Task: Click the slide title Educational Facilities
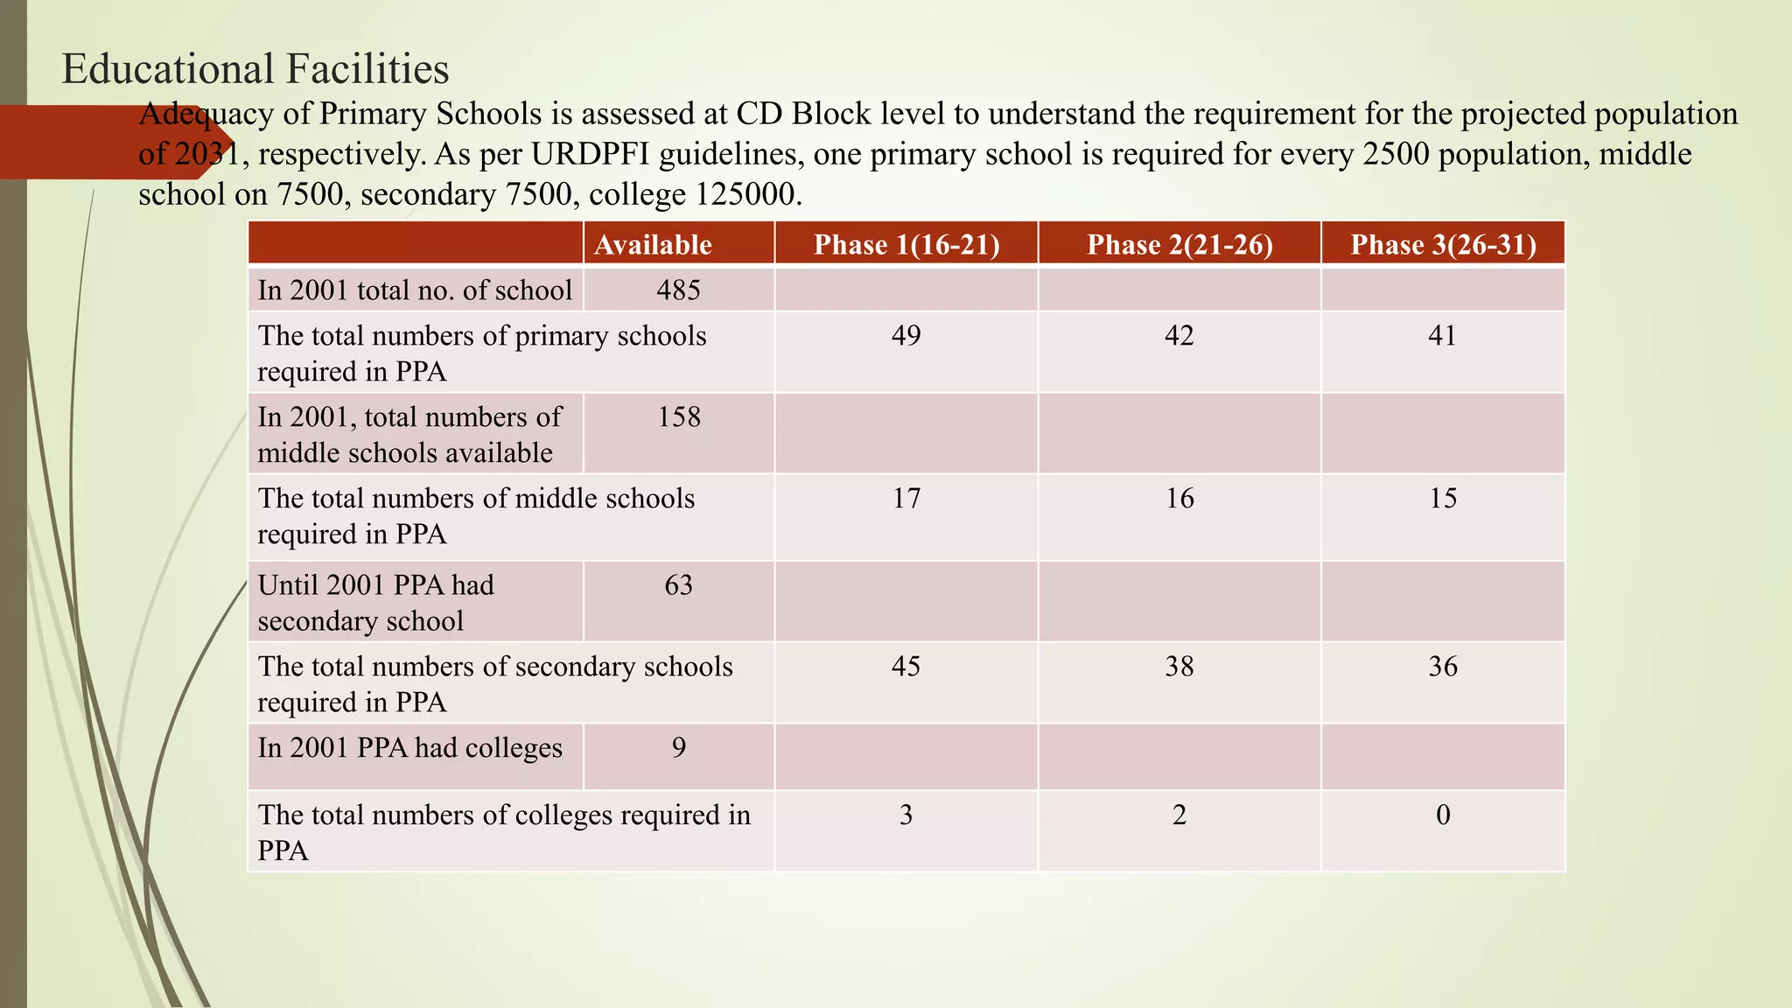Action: pos(255,69)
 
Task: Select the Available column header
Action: pos(653,244)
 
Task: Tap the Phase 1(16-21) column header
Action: pos(906,244)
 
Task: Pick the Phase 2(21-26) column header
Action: pos(1179,244)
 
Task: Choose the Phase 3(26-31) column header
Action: pos(1443,244)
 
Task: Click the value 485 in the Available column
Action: pos(678,290)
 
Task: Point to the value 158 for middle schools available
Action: pos(679,416)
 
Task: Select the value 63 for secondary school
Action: pos(678,584)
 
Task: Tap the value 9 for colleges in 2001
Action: pos(678,747)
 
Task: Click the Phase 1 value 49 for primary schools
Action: pos(906,335)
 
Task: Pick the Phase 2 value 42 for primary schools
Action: pos(1179,335)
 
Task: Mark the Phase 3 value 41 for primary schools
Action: pos(1442,335)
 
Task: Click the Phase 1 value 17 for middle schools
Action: pos(906,498)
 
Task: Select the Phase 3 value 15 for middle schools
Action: pos(1443,498)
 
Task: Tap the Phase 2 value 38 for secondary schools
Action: pos(1179,666)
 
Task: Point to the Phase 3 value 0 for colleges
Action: pos(1443,815)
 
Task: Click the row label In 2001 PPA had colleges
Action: pos(409,748)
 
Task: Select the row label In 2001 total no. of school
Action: pos(415,290)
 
